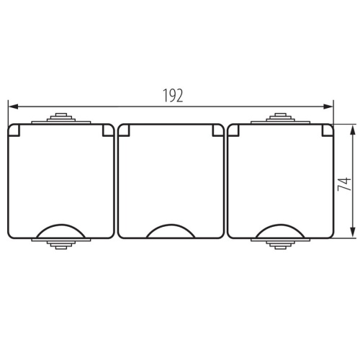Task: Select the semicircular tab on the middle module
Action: [171, 231]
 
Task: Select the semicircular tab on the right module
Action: [281, 230]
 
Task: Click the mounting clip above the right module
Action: [281, 117]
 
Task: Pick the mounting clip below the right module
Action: [281, 245]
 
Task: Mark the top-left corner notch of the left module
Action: [14, 130]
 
